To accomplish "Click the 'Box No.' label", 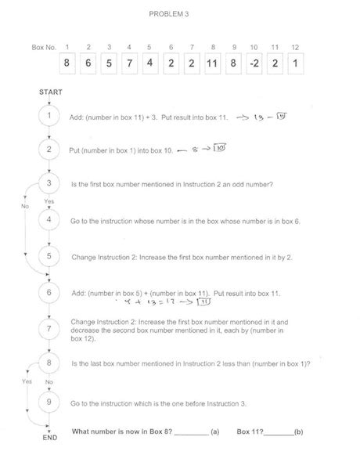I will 43,48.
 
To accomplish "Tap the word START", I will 49,92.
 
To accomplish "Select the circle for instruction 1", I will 49,116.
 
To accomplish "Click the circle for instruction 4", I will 49,220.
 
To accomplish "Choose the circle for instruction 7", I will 49,328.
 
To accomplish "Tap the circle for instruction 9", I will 49,402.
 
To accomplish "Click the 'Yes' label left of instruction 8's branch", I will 27,381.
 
